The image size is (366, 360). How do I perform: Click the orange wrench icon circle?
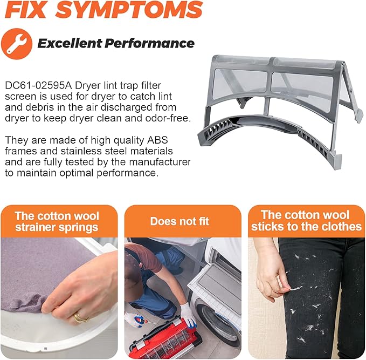click(x=17, y=44)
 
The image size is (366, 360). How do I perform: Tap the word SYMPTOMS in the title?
click(x=129, y=9)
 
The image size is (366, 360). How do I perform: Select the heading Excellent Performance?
click(x=116, y=43)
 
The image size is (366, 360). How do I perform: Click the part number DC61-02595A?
click(x=38, y=86)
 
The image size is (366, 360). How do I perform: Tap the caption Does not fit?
click(x=179, y=221)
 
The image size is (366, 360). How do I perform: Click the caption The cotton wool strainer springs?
click(x=57, y=221)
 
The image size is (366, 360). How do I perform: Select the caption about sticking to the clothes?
click(x=306, y=221)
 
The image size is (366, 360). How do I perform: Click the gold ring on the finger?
click(x=79, y=318)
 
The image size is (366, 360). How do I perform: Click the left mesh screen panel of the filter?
click(x=240, y=87)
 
